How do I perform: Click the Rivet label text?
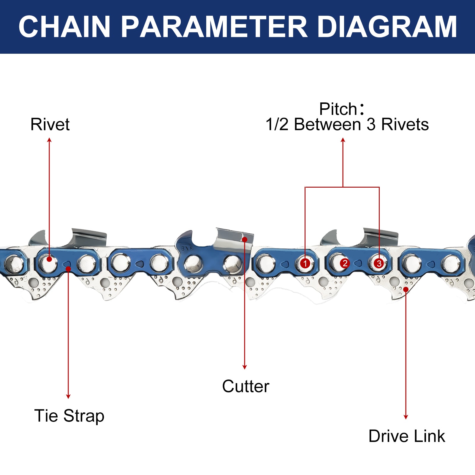pyautogui.click(x=50, y=124)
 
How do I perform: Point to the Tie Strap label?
pyautogui.click(x=69, y=416)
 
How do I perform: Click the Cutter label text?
pyautogui.click(x=246, y=387)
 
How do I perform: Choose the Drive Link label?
pyautogui.click(x=406, y=436)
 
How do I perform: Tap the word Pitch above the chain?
pyautogui.click(x=338, y=109)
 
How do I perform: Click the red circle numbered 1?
pyautogui.click(x=305, y=263)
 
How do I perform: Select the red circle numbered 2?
pyautogui.click(x=345, y=263)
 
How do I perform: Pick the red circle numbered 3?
pyautogui.click(x=379, y=263)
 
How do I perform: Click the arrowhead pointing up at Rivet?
pyautogui.click(x=49, y=140)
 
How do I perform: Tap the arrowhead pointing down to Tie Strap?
pyautogui.click(x=68, y=397)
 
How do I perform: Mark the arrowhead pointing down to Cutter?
pyautogui.click(x=245, y=367)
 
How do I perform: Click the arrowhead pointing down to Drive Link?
pyautogui.click(x=406, y=417)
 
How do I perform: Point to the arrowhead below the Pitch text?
pyautogui.click(x=343, y=140)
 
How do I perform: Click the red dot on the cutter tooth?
pyautogui.click(x=245, y=239)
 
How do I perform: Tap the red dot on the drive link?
pyautogui.click(x=406, y=289)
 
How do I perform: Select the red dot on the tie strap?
pyautogui.click(x=68, y=269)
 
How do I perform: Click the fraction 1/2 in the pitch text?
pyautogui.click(x=277, y=124)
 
